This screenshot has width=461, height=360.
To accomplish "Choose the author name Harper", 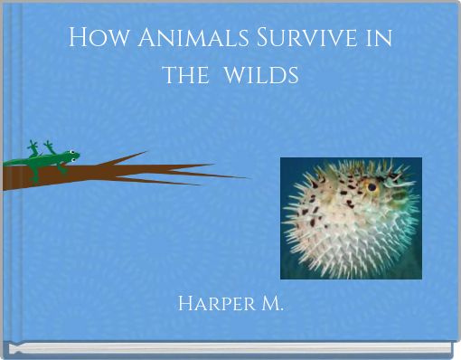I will (x=212, y=302).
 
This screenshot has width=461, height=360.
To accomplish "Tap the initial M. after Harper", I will (x=268, y=302).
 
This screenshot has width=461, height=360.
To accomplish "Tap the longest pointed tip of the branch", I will (x=248, y=176).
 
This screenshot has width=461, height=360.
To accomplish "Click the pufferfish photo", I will (x=351, y=217).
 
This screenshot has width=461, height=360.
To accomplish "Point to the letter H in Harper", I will (x=186, y=302).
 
